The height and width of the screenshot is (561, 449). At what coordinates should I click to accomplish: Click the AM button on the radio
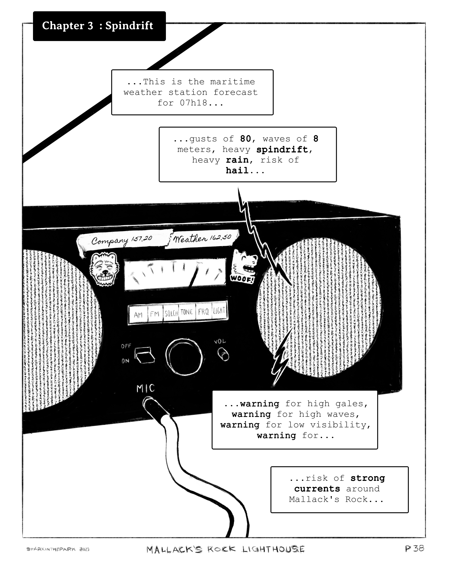click(138, 315)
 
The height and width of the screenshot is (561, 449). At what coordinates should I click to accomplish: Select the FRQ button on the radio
click(204, 312)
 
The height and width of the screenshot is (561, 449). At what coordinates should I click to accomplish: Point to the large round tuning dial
click(184, 357)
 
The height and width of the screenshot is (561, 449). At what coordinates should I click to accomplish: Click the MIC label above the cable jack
click(145, 388)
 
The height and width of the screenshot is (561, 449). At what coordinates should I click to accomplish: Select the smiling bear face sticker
click(104, 269)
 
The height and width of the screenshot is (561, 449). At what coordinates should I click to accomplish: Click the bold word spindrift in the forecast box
click(282, 150)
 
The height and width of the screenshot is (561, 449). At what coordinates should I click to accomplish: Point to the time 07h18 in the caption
click(194, 103)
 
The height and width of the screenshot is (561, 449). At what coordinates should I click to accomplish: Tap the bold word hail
click(237, 171)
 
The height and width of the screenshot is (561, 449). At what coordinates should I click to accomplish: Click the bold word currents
click(317, 489)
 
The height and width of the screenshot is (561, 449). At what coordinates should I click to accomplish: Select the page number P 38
click(414, 548)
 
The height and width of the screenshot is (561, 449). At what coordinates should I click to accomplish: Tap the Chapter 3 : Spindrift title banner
click(99, 26)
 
